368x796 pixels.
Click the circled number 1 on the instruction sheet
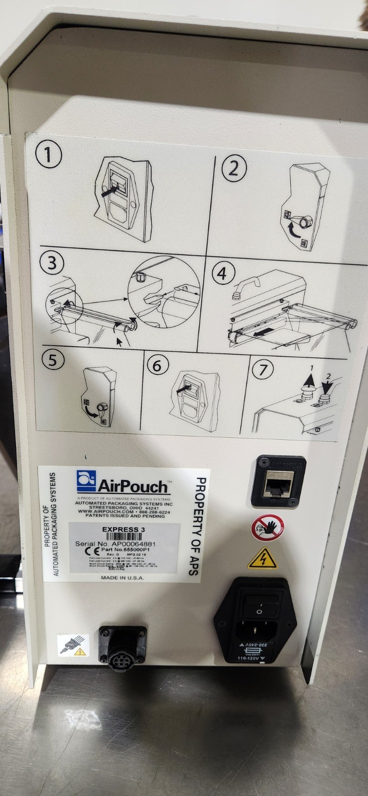[48, 155]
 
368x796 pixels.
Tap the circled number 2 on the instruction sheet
[234, 169]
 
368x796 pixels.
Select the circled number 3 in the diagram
[52, 262]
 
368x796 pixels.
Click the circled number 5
[52, 359]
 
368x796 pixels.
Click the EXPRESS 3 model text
[123, 530]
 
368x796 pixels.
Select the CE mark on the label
[85, 551]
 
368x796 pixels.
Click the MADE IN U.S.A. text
[123, 578]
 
